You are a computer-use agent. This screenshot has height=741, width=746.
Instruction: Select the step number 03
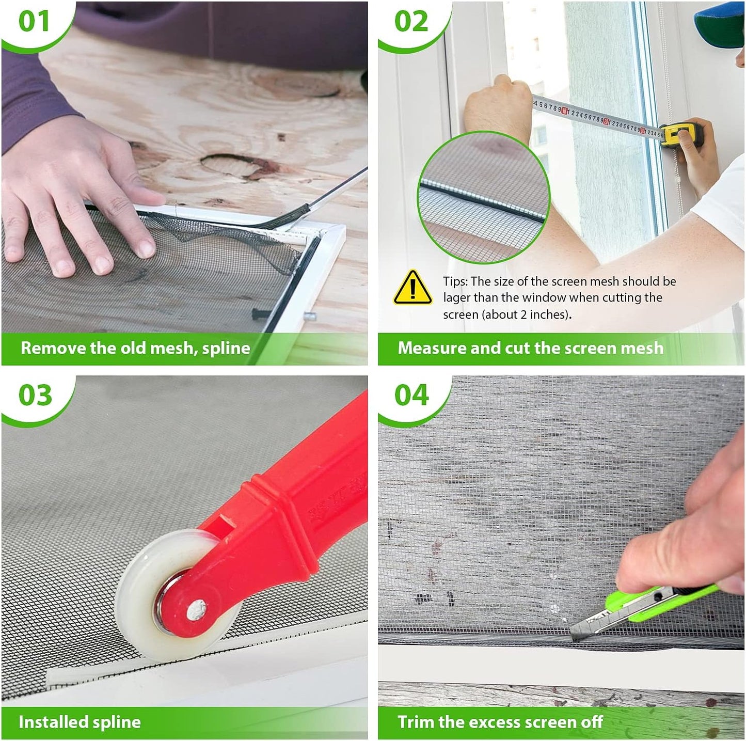pos(35,395)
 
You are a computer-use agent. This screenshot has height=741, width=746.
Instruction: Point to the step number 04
pos(411,395)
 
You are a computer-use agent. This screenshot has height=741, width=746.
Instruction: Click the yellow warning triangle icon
pos(412,288)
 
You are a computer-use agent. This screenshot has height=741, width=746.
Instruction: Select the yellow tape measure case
pos(680,134)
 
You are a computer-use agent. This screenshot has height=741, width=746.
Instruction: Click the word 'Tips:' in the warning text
pos(455,281)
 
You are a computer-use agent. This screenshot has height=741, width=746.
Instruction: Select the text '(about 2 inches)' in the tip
pos(527,314)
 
